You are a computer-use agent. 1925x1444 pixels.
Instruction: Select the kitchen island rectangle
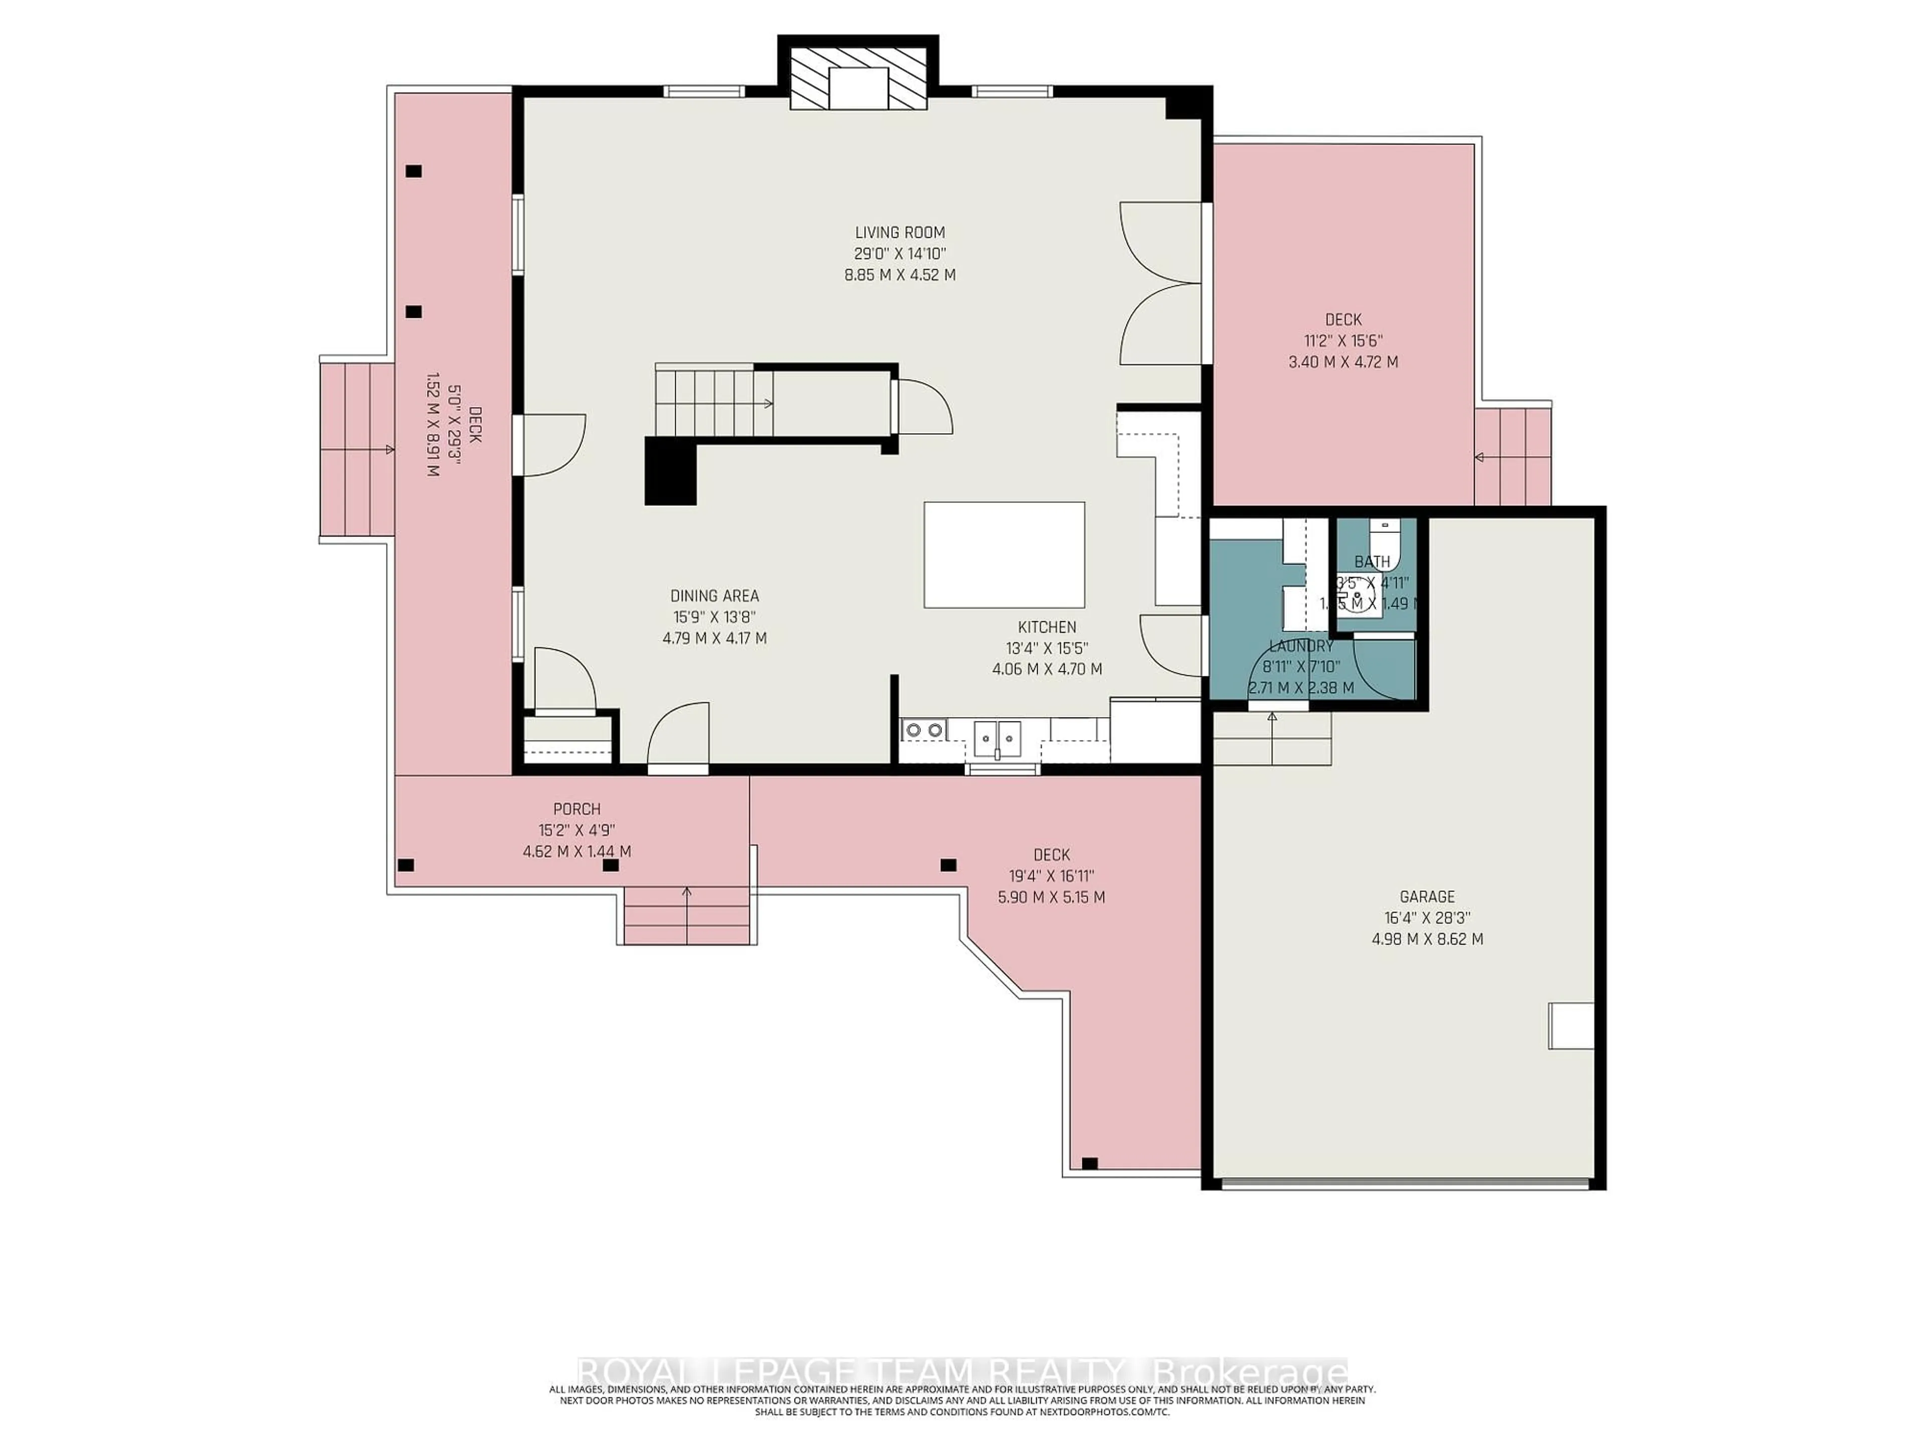pos(1004,555)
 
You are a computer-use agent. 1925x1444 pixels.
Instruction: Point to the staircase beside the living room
pos(714,402)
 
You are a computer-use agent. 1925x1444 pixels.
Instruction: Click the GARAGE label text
pos(1426,896)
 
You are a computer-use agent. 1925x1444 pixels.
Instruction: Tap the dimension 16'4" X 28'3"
pos(1426,918)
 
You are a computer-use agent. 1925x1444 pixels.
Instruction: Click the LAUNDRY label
pos(1301,646)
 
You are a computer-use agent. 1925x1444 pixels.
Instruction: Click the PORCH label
pos(576,809)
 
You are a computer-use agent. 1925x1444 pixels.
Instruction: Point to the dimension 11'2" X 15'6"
pos(1343,341)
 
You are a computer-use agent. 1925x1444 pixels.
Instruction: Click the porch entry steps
pos(687,914)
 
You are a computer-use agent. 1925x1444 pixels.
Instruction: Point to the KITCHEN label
pos(1047,627)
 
